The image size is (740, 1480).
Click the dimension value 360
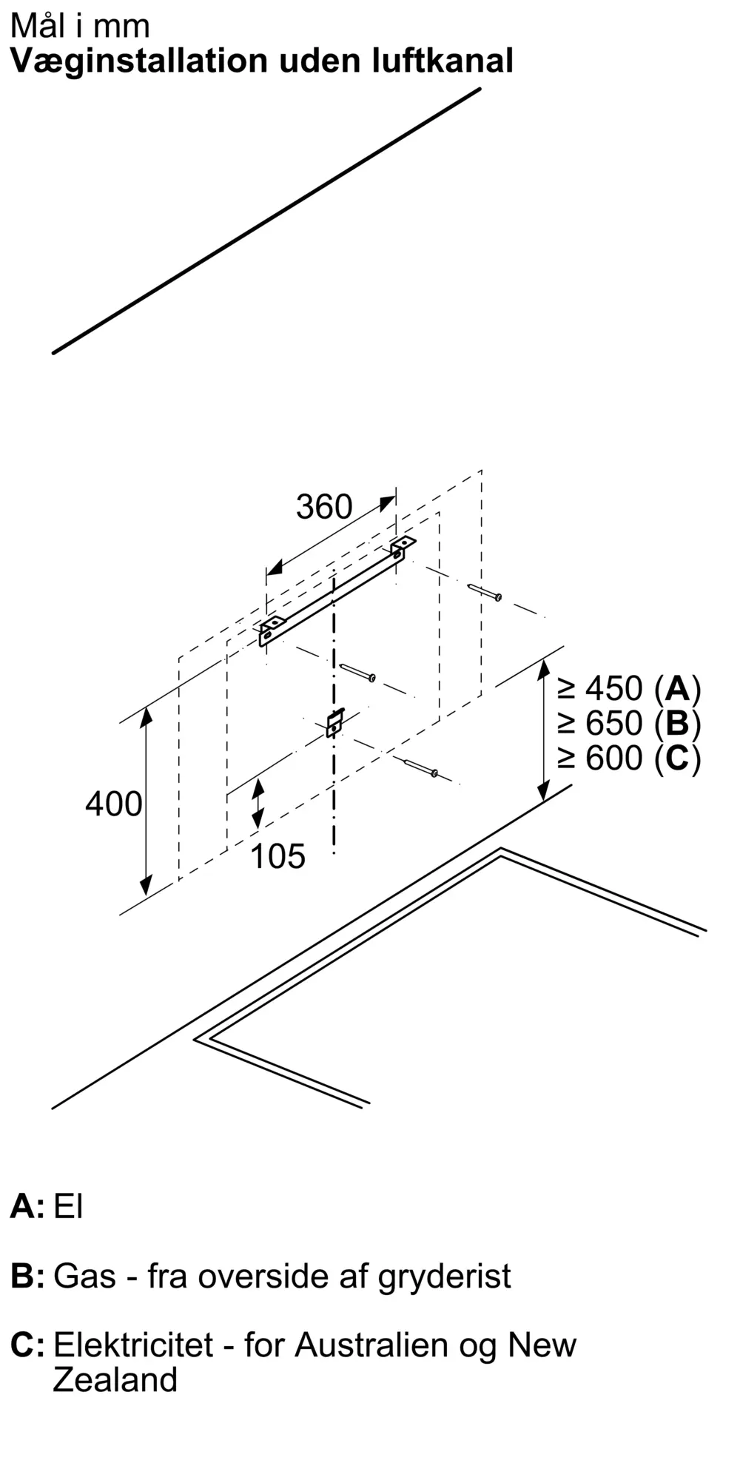pyautogui.click(x=324, y=508)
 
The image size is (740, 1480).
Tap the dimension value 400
pyautogui.click(x=113, y=804)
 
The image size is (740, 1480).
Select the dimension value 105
pyautogui.click(x=277, y=857)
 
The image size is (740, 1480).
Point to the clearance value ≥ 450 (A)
pyautogui.click(x=630, y=689)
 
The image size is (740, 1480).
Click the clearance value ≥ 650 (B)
pyautogui.click(x=630, y=723)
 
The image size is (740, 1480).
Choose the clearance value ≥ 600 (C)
pyautogui.click(x=630, y=758)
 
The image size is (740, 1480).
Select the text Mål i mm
pyautogui.click(x=80, y=26)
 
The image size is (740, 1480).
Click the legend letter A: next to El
pyautogui.click(x=27, y=1207)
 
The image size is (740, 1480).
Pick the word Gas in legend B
pyautogui.click(x=84, y=1276)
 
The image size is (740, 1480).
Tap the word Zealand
pyautogui.click(x=115, y=1380)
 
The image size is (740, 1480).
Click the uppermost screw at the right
pyautogui.click(x=485, y=592)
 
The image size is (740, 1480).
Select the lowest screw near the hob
pyautogui.click(x=421, y=768)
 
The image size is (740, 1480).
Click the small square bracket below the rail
pyautogui.click(x=334, y=722)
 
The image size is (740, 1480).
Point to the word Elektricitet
pyautogui.click(x=133, y=1345)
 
